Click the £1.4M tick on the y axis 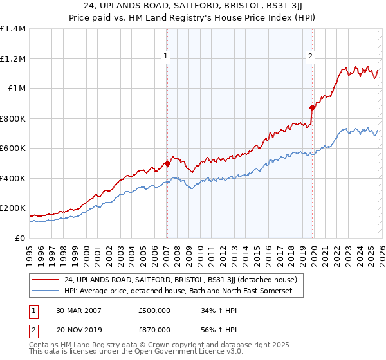pyautogui.click(x=13, y=29)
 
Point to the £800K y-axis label pyautogui.click(x=13, y=118)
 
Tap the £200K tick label pyautogui.click(x=13, y=208)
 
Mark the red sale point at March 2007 pyautogui.click(x=167, y=163)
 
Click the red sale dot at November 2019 pyautogui.click(x=312, y=108)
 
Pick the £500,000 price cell pyautogui.click(x=154, y=310)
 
